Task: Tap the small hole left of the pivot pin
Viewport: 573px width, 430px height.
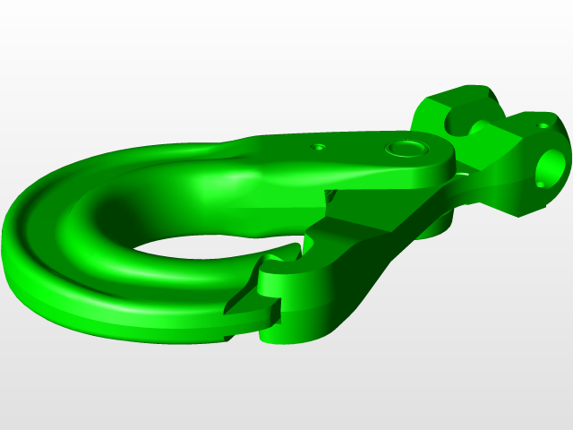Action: coord(318,146)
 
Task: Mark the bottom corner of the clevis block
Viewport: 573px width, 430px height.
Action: coord(517,215)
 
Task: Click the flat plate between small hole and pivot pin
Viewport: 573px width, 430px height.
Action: coord(358,152)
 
